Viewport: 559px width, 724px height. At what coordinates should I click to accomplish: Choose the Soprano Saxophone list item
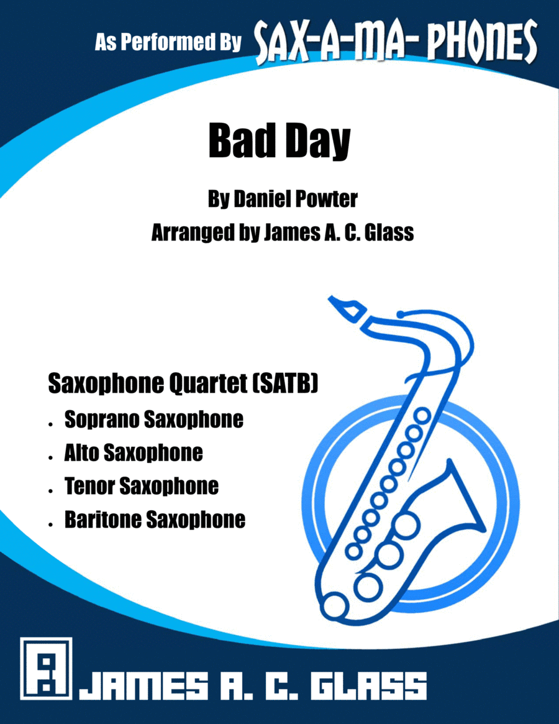pyautogui.click(x=153, y=420)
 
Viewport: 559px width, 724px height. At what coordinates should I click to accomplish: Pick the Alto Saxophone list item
pyautogui.click(x=133, y=453)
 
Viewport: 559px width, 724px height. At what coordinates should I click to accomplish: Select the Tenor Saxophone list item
pyautogui.click(x=141, y=486)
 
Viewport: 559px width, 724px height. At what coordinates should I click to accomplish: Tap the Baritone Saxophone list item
pyautogui.click(x=155, y=520)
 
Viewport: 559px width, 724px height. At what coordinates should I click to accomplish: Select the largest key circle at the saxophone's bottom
pyautogui.click(x=339, y=603)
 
